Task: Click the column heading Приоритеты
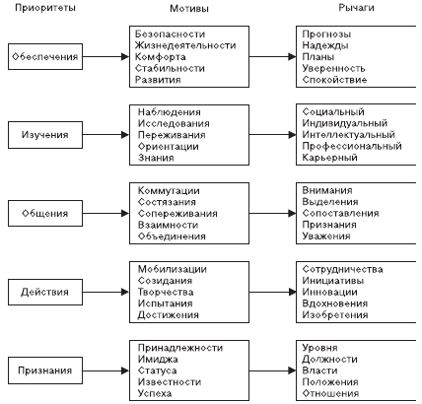click(x=45, y=8)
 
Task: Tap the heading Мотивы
click(x=189, y=8)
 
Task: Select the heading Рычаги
click(x=356, y=8)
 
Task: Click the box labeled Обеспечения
click(x=45, y=56)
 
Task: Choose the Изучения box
click(x=45, y=135)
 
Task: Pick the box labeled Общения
click(x=45, y=213)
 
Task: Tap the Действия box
click(x=45, y=292)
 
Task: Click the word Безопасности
click(x=170, y=34)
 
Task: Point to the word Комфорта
click(x=160, y=57)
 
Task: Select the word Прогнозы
click(x=326, y=34)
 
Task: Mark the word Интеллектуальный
click(x=348, y=135)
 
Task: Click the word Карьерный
click(x=329, y=158)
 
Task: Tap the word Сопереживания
click(x=177, y=214)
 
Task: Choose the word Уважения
click(x=326, y=236)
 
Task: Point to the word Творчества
click(x=166, y=292)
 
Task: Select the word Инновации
click(x=329, y=292)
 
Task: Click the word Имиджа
click(x=158, y=360)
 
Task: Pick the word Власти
click(x=319, y=370)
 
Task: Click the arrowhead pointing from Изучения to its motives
click(x=125, y=135)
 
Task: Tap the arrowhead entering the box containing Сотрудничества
click(x=292, y=292)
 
